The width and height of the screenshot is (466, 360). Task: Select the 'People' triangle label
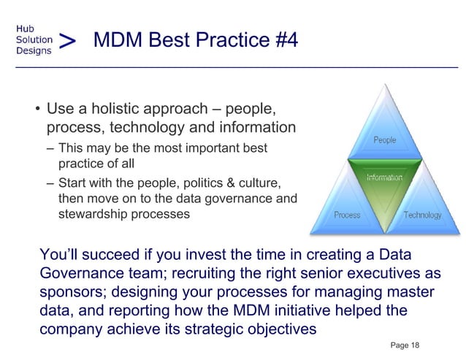(385, 139)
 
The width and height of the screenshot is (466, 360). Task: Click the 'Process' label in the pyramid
(347, 215)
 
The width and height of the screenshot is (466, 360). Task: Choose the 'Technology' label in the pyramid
(422, 215)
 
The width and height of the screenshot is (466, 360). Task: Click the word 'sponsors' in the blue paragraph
(71, 292)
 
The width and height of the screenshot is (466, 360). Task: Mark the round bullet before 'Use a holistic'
(35, 112)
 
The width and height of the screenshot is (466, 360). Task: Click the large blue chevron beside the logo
(67, 40)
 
